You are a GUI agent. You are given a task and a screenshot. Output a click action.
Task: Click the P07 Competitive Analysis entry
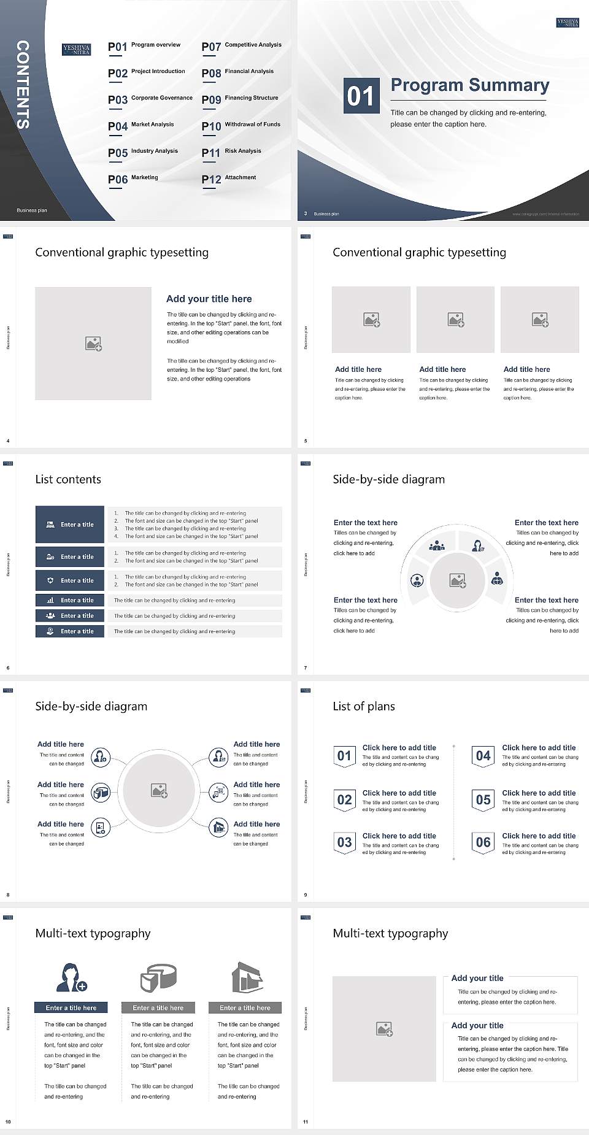[x=241, y=46]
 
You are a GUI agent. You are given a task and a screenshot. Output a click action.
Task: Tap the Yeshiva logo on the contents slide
[x=77, y=50]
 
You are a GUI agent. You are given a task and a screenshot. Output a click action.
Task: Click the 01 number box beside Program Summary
[x=360, y=96]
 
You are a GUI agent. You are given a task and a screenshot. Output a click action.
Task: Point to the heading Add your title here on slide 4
[x=209, y=299]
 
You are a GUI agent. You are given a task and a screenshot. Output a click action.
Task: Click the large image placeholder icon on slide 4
[x=93, y=344]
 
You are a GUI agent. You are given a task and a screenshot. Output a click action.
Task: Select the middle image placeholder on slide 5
[x=455, y=320]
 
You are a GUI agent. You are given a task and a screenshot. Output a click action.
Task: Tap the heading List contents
[x=68, y=479]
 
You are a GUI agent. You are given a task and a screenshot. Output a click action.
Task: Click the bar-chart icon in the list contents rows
[x=50, y=600]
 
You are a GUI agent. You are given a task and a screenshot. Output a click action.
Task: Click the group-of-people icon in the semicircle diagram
[x=437, y=545]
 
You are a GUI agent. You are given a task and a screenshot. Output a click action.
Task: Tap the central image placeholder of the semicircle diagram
[x=458, y=580]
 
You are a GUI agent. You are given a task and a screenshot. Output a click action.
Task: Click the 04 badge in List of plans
[x=483, y=756]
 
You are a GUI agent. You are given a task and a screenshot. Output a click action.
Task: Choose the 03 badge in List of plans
[x=344, y=842]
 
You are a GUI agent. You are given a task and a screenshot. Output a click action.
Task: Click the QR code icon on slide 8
[x=218, y=792]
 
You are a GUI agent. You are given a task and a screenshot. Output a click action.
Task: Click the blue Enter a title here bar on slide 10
[x=71, y=1007]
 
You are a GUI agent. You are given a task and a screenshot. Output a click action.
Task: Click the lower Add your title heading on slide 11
[x=477, y=1025]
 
